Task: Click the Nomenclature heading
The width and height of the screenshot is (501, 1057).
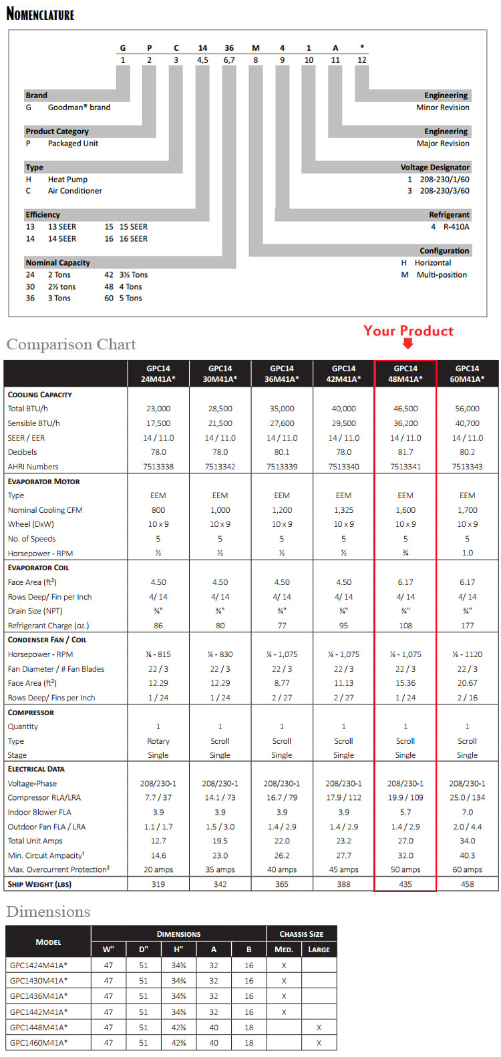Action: pos(40,13)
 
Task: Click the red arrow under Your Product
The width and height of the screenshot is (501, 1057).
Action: pos(407,343)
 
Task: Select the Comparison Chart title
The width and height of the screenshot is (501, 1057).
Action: pos(71,345)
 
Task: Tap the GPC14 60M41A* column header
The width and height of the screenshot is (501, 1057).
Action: pos(467,373)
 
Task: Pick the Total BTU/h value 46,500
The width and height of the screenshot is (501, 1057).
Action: pos(405,409)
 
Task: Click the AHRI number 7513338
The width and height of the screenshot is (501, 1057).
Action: pos(158,467)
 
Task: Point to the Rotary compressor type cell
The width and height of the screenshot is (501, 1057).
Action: pos(158,741)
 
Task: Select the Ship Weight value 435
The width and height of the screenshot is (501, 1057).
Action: pos(405,884)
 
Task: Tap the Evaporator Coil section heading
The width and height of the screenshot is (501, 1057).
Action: pos(38,568)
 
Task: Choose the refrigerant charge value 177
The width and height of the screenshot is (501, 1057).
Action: pos(467,626)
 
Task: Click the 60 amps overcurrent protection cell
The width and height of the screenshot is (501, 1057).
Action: pos(467,869)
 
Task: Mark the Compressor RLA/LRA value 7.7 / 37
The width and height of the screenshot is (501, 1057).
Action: pos(158,797)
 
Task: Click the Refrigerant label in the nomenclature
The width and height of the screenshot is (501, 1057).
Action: pos(449,215)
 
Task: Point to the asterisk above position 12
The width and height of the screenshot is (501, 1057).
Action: pos(362,47)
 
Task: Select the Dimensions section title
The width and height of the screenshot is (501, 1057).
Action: pos(48,912)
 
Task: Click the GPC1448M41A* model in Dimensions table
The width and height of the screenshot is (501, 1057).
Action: pos(39,1027)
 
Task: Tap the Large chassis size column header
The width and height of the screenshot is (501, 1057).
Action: pos(319,949)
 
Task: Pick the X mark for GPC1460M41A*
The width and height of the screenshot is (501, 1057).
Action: pos(319,1042)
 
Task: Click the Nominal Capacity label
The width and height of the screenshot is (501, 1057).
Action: pos(57,263)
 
